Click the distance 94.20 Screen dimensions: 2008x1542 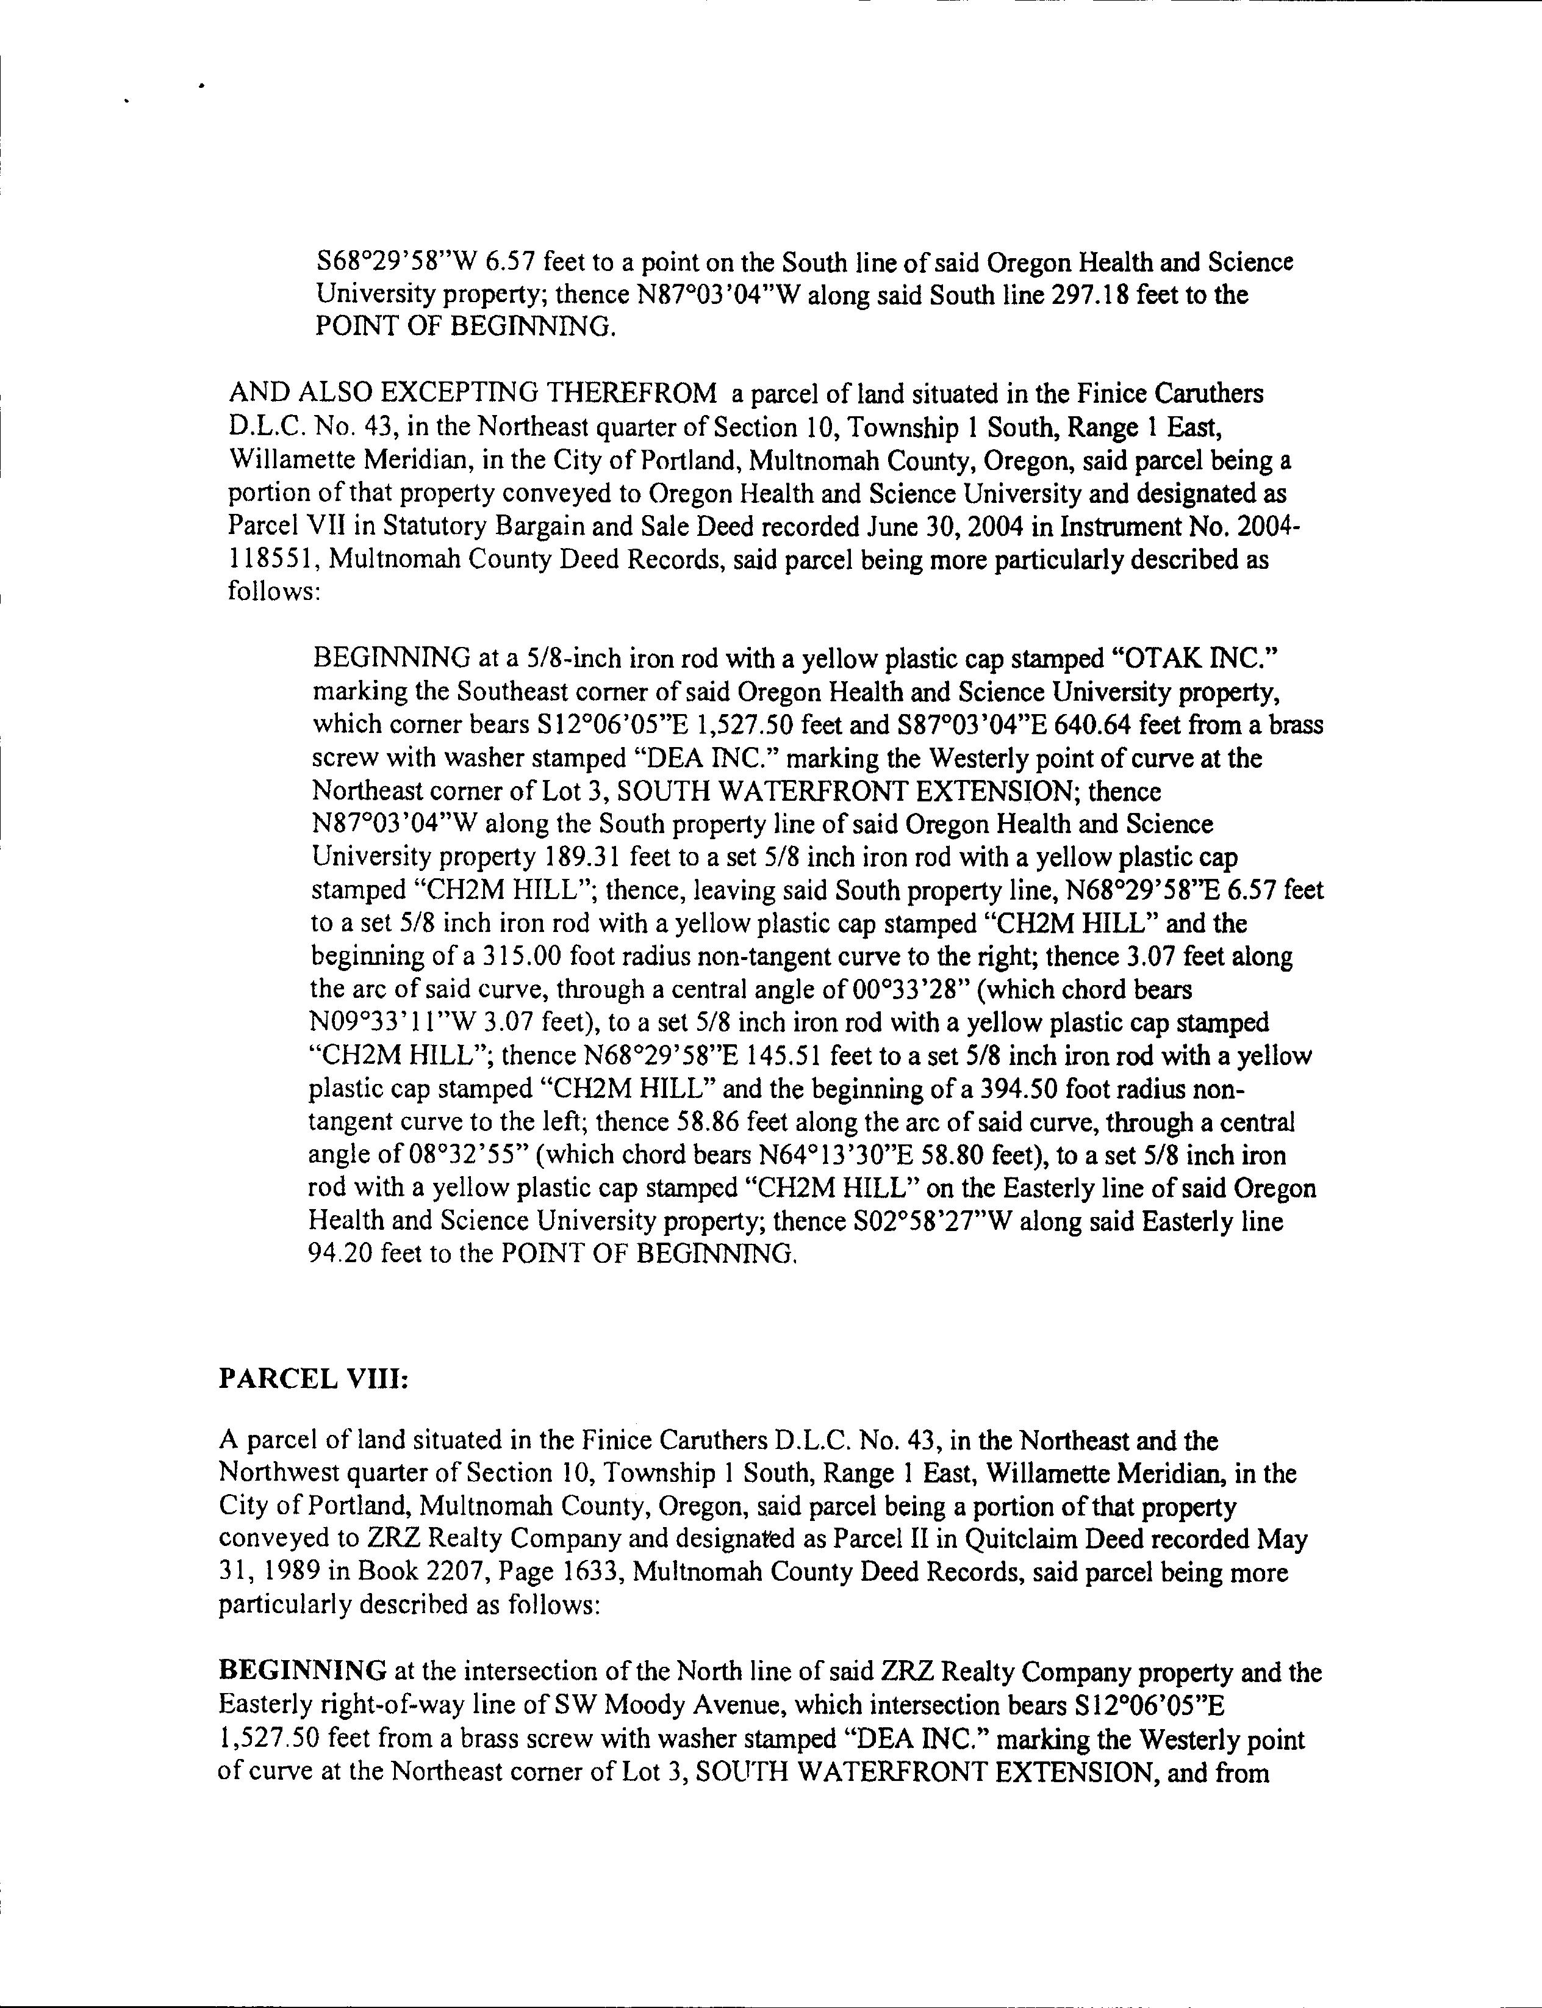(x=340, y=1254)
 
